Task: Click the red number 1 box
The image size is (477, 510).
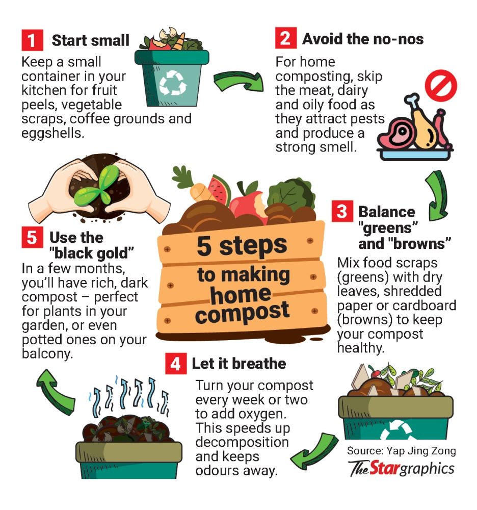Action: [x=32, y=40]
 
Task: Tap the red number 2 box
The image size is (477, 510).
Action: [x=285, y=38]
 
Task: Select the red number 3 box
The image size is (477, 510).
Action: [x=342, y=211]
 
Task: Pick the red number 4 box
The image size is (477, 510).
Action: [x=176, y=363]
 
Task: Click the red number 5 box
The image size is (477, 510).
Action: [x=32, y=237]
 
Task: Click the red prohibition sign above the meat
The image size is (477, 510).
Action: [x=441, y=86]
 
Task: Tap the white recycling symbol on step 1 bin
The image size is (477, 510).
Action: [x=173, y=83]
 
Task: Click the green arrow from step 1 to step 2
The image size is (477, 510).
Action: [x=239, y=81]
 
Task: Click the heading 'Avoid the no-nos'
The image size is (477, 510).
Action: [x=363, y=39]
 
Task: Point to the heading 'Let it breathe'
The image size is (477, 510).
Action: [x=239, y=363]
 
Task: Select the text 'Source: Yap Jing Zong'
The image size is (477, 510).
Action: [x=401, y=451]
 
